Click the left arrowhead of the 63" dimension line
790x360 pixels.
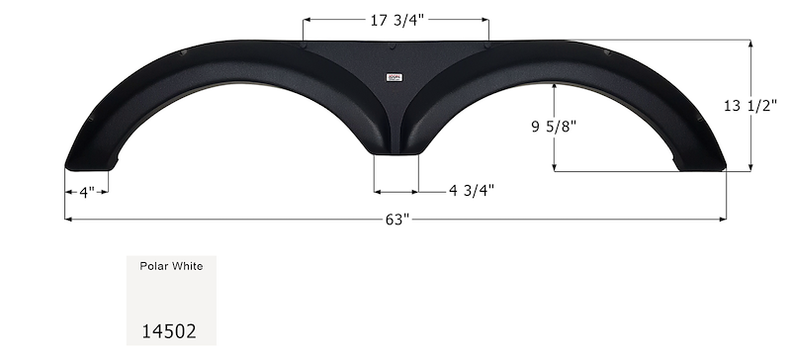[68, 219]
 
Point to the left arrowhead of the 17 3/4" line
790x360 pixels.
[306, 19]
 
